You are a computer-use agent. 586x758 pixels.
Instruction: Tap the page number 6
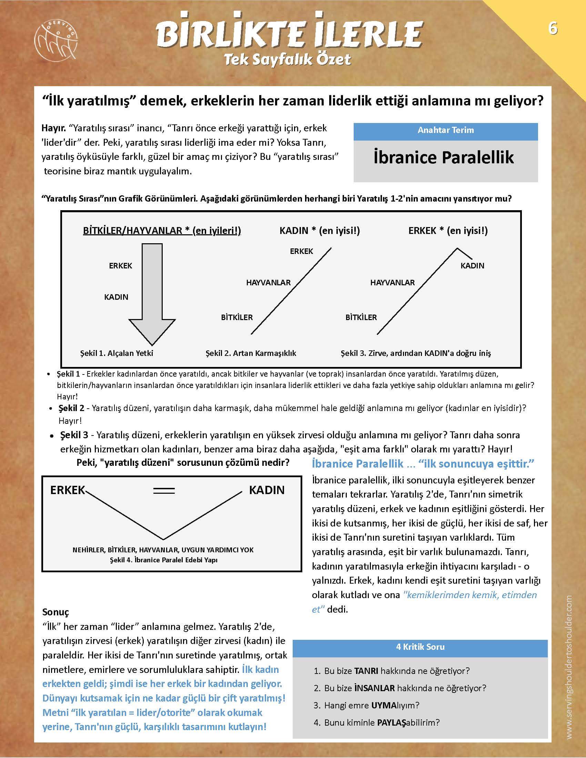pyautogui.click(x=553, y=28)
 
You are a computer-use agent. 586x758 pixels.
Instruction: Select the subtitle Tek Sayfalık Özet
pyautogui.click(x=287, y=60)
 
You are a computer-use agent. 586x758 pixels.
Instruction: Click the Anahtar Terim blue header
pyautogui.click(x=445, y=131)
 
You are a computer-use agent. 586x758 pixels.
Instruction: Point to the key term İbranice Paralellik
pyautogui.click(x=444, y=157)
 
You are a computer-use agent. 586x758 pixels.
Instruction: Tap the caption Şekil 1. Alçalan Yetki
pyautogui.click(x=117, y=353)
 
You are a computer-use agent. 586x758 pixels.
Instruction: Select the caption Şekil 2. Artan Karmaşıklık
pyautogui.click(x=251, y=353)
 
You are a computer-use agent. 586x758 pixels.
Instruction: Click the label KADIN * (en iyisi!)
pyautogui.click(x=320, y=231)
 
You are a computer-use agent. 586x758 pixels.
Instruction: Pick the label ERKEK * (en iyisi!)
pyautogui.click(x=448, y=231)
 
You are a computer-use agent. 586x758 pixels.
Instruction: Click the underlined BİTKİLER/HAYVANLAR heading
pyautogui.click(x=162, y=231)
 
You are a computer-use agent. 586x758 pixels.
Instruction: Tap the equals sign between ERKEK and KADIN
pyautogui.click(x=164, y=491)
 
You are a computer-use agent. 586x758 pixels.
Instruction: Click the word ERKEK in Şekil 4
pyautogui.click(x=67, y=490)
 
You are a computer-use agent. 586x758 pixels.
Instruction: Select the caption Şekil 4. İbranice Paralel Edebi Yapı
pyautogui.click(x=163, y=560)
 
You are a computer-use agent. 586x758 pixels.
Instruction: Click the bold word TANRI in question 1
pyautogui.click(x=366, y=671)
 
